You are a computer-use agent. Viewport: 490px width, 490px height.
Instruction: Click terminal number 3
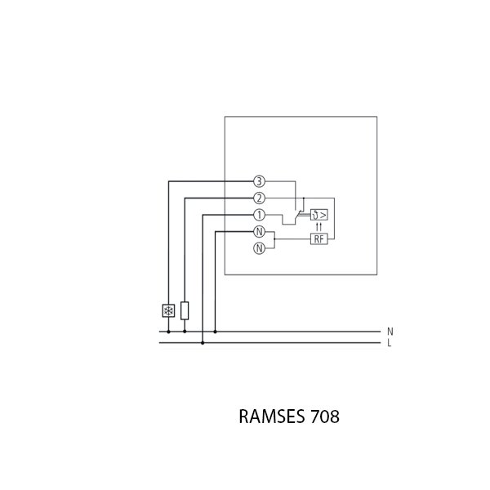[259, 181]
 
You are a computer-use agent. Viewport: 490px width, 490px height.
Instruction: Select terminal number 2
[259, 198]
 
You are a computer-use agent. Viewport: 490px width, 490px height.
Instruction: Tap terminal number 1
[259, 215]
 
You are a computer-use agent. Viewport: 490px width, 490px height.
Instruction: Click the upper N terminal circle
[259, 232]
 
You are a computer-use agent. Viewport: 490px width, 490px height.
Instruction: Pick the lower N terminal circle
[259, 248]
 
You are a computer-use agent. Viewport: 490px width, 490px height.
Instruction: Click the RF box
[318, 238]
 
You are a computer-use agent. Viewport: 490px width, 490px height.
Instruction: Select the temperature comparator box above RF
[318, 215]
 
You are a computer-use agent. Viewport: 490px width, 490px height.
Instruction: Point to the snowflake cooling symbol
[168, 310]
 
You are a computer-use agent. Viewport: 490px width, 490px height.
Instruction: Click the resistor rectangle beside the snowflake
[185, 310]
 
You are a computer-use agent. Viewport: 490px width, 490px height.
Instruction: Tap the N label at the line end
[390, 332]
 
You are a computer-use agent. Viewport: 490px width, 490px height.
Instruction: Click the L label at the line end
[390, 343]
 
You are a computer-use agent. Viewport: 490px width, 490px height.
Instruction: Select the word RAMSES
[272, 416]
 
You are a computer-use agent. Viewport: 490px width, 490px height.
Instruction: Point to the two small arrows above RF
[318, 226]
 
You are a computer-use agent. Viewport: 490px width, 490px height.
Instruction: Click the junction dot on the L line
[203, 343]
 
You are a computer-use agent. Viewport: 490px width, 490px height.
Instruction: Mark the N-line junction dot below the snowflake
[168, 332]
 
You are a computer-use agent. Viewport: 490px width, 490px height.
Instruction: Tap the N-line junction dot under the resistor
[185, 332]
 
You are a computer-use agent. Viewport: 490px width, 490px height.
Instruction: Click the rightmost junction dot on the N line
[215, 332]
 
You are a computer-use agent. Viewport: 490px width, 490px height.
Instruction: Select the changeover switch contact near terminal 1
[294, 216]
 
